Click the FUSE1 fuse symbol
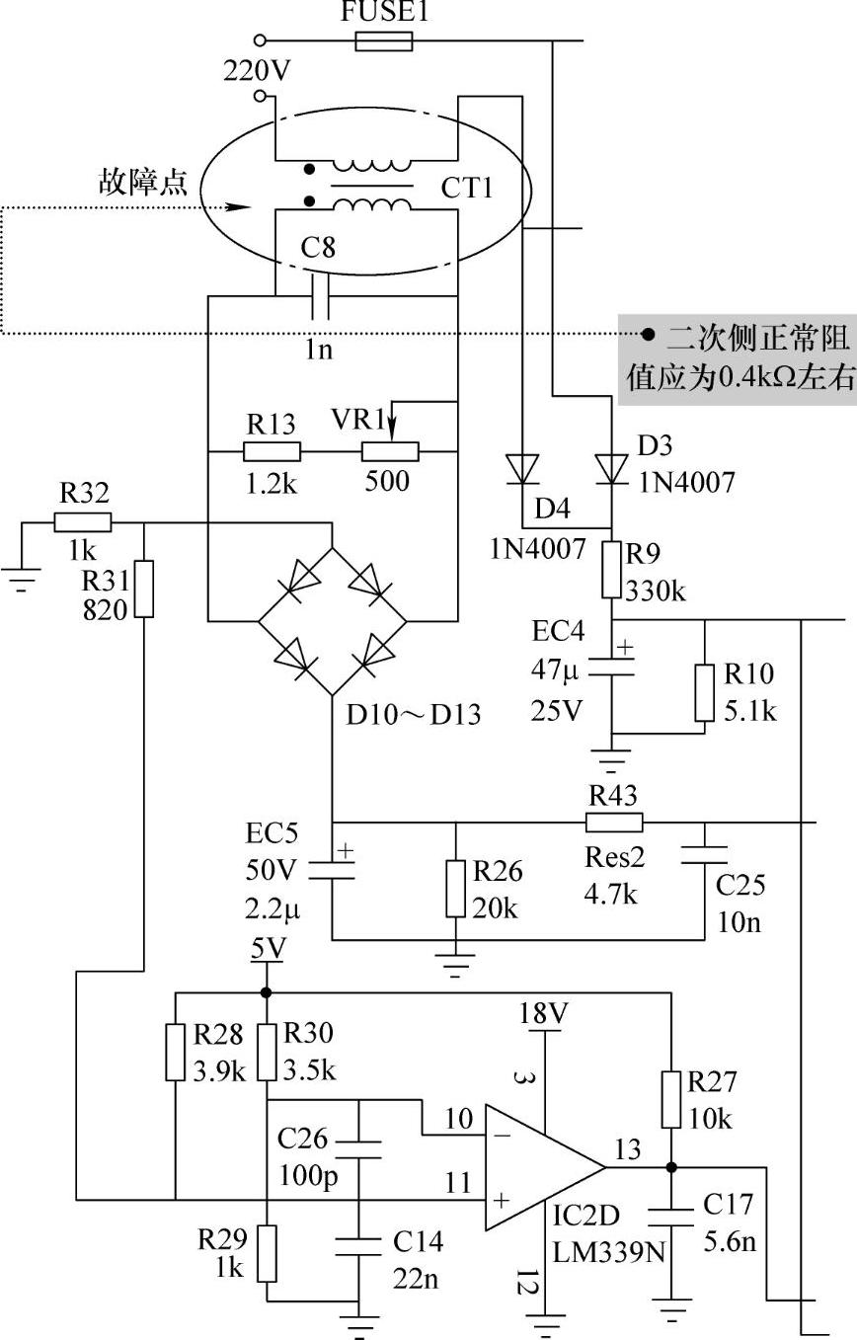[x=382, y=41]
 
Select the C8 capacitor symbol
[x=319, y=295]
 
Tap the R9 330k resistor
[x=611, y=570]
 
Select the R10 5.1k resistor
[x=705, y=692]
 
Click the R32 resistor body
[x=83, y=522]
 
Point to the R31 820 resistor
[x=144, y=589]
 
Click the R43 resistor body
[x=614, y=822]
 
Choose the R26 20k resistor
[x=455, y=889]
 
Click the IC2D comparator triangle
[x=541, y=1166]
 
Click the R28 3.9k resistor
[x=175, y=1052]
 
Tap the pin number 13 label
[x=627, y=1149]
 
